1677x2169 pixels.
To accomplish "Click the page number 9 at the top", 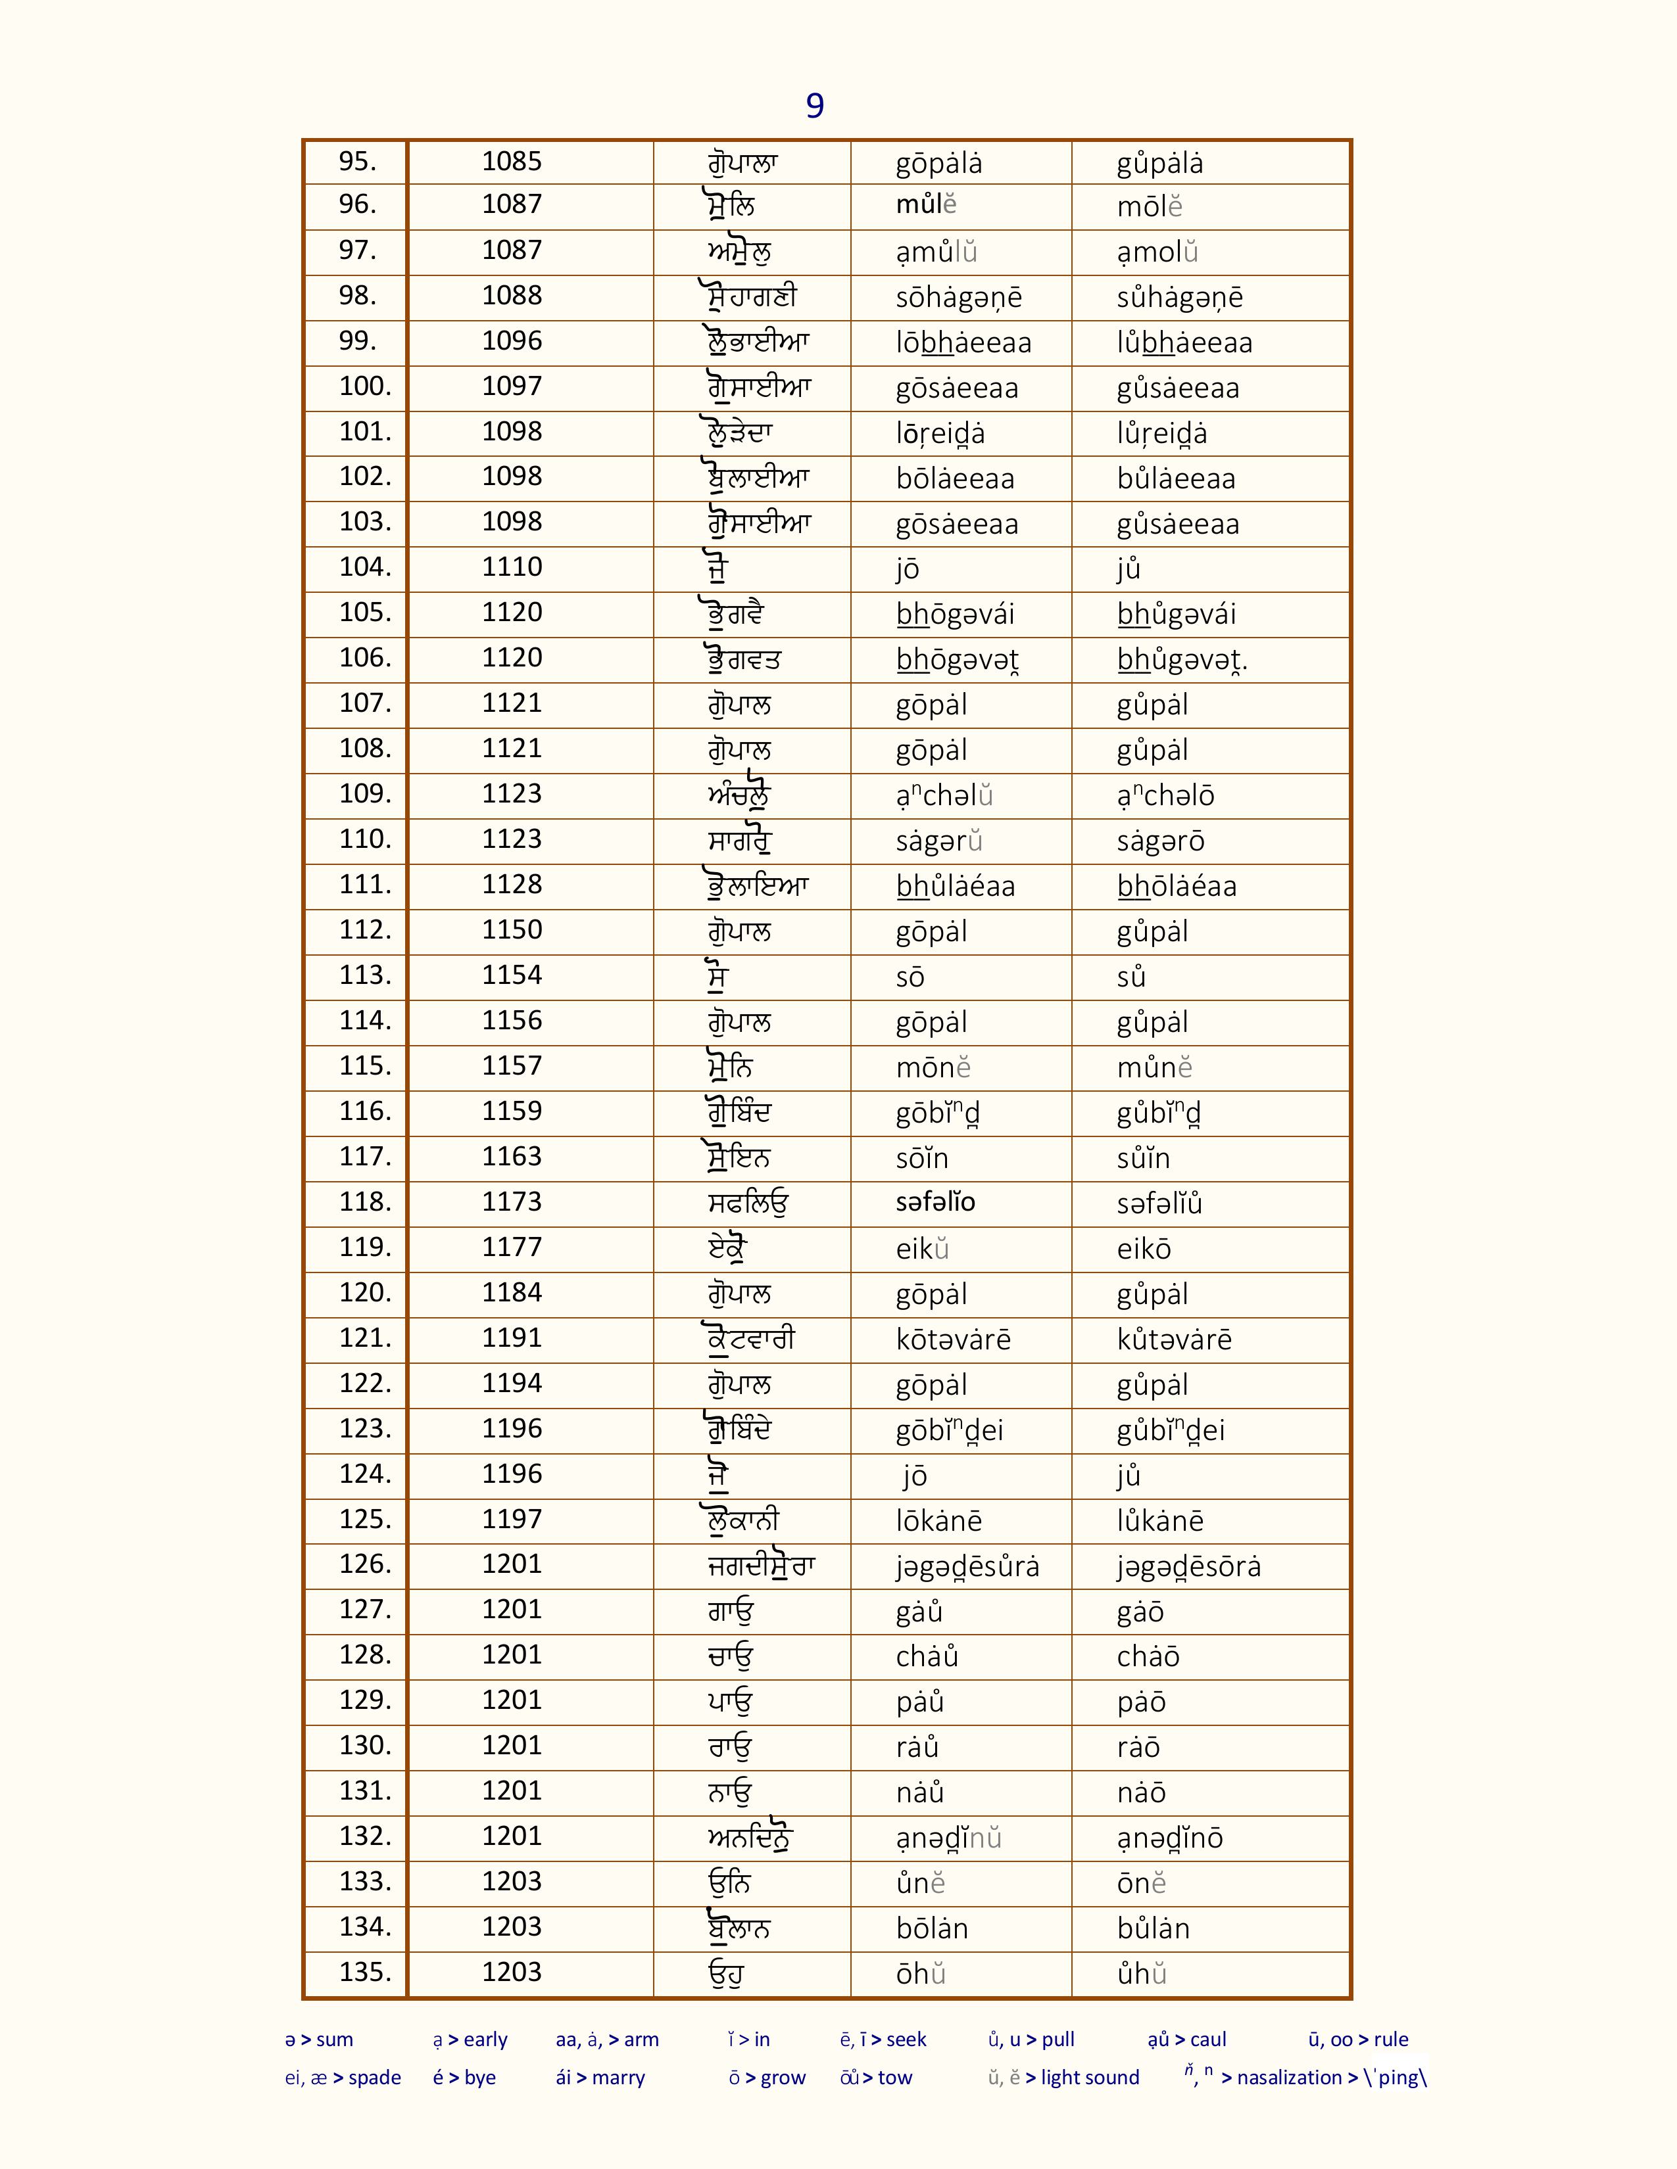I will tap(815, 105).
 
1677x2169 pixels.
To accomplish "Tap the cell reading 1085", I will tap(512, 161).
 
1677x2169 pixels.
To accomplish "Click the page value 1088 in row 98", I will tap(512, 296).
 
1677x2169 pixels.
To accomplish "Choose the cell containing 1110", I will tap(512, 567).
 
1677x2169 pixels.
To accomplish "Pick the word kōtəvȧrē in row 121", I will tap(953, 1340).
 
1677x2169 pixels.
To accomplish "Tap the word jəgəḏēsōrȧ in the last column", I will tap(1188, 1566).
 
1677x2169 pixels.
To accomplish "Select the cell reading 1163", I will tap(512, 1156).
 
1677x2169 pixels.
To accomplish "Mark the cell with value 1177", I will tap(512, 1248).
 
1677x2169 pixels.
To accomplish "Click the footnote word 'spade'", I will tap(375, 2078).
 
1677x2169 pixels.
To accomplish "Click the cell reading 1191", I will tap(512, 1338).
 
